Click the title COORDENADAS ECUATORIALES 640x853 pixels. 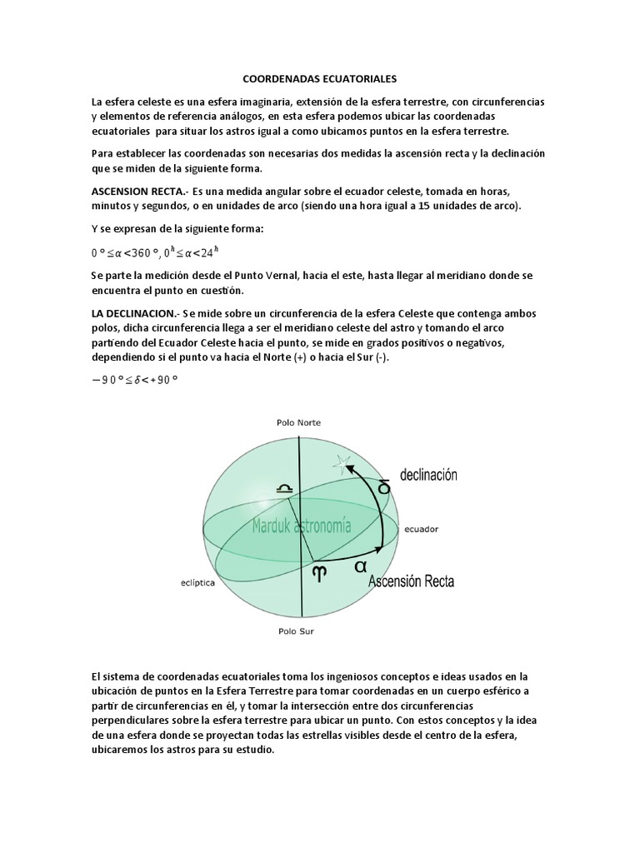pos(320,79)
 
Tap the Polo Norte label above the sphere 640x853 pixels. pos(299,422)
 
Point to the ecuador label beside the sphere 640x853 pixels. pos(423,528)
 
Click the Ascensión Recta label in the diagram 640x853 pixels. pos(411,581)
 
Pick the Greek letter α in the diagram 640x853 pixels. pos(360,566)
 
